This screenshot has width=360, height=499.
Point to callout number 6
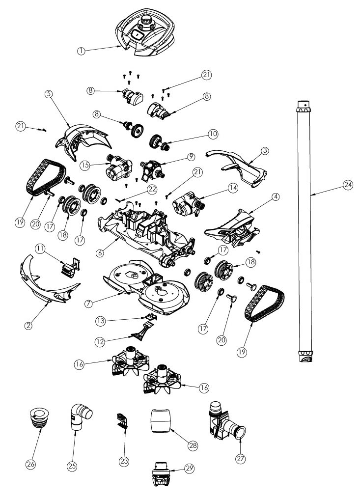point(100,252)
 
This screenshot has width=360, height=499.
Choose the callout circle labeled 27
point(241,459)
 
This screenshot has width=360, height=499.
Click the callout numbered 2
point(28,326)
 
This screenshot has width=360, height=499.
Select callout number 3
point(265,151)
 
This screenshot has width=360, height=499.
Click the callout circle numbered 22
point(152,189)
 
